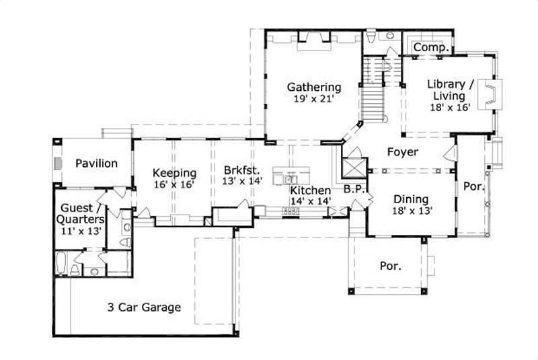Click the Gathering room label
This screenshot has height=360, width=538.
point(314,87)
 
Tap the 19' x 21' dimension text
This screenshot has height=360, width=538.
point(314,99)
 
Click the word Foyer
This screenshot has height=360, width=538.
point(403,152)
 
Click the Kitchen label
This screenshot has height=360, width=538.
point(310,190)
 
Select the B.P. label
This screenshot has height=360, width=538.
point(353,190)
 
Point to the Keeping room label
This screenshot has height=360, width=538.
point(174,172)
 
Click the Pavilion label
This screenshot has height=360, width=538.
point(96,163)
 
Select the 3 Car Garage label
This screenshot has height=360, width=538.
point(144,308)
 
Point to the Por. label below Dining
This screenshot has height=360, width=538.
point(390,266)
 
